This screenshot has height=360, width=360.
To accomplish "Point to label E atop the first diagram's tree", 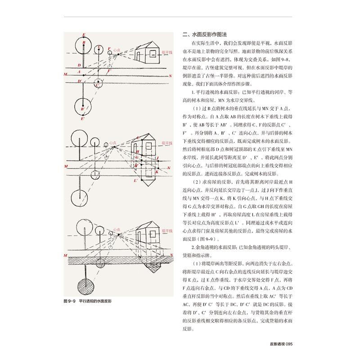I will click(83, 34).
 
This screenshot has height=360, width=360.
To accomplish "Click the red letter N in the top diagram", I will click(170, 76).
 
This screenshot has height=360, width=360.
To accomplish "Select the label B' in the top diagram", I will click(83, 108).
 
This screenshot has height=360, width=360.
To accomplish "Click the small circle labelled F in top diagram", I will click(110, 54).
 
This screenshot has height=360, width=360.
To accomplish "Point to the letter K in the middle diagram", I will click(157, 172).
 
